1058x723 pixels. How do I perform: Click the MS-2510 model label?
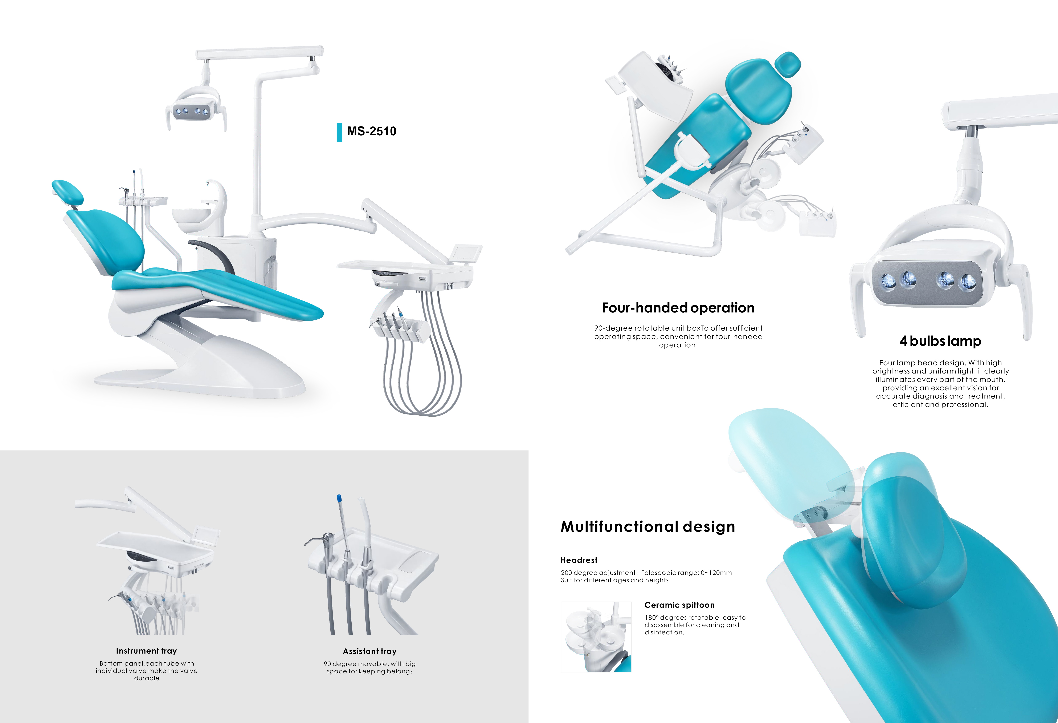point(371,131)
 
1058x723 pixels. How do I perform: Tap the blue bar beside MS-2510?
point(339,132)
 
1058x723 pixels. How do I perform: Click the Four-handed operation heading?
point(678,308)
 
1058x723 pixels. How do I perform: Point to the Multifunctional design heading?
point(648,527)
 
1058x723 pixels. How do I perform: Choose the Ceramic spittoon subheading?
point(679,605)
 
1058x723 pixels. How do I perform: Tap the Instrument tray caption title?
point(146,651)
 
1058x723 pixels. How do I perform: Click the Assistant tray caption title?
point(370,651)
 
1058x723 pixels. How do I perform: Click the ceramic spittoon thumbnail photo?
point(596,637)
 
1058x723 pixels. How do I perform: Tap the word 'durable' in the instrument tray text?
point(147,678)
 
